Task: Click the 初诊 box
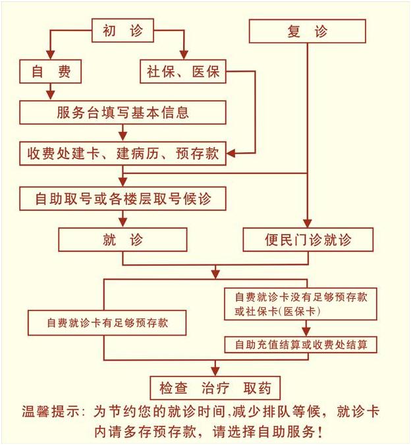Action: pos(123,30)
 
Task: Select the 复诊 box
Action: pos(308,31)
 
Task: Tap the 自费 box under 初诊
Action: pos(51,71)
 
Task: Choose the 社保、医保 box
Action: pos(183,71)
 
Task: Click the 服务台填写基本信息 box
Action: pos(123,112)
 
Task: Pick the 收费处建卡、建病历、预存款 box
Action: pos(123,153)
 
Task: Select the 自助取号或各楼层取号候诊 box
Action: pos(123,198)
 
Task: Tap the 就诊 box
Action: pos(123,239)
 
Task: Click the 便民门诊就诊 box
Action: pos(308,239)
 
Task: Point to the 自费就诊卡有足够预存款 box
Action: pos(107,322)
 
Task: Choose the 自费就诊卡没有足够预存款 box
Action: pos(301,304)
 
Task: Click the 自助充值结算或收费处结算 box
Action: pos(301,345)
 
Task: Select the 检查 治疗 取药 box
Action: pos(215,388)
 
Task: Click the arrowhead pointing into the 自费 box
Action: pos(51,55)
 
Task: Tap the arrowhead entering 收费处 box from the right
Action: pos(231,153)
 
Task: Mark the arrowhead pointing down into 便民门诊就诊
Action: pos(308,223)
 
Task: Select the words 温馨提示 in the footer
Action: pos(51,411)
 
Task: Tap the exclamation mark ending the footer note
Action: pos(320,432)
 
